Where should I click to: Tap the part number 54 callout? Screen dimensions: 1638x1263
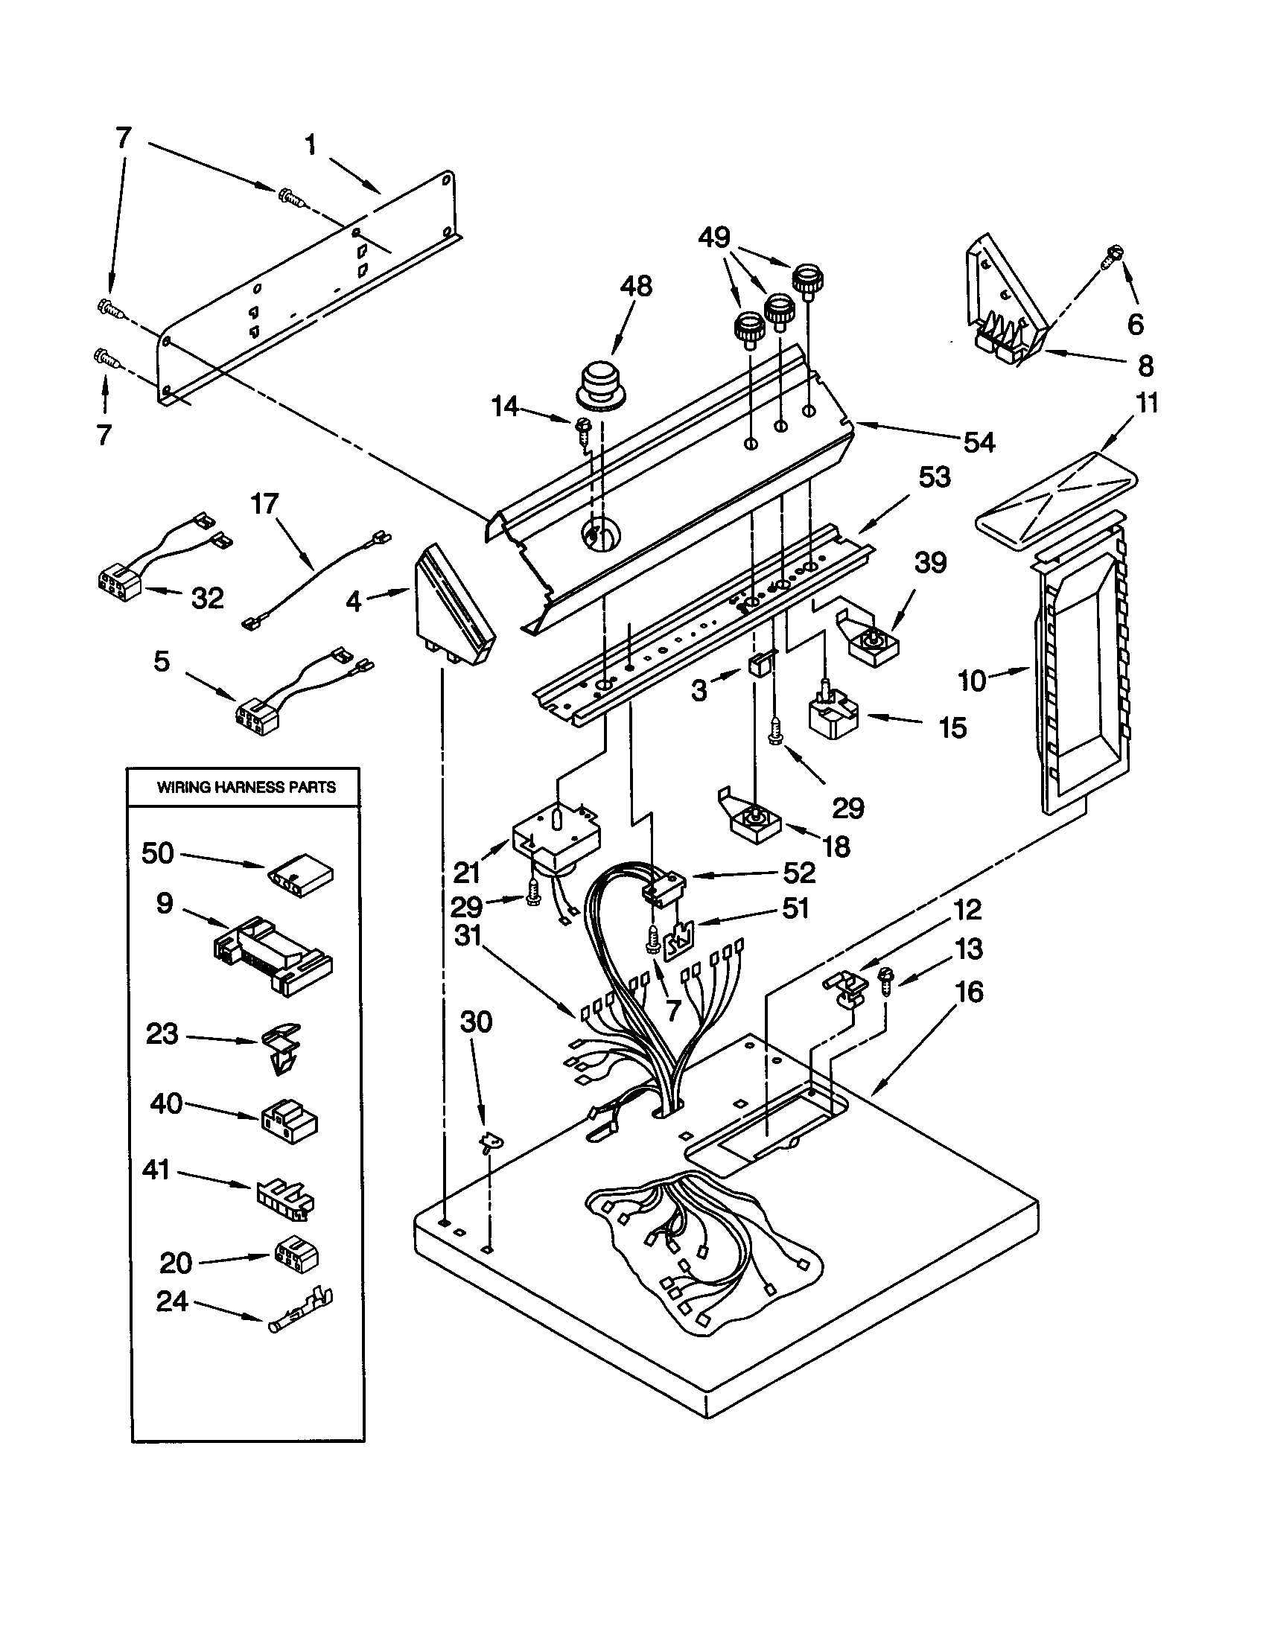(x=979, y=442)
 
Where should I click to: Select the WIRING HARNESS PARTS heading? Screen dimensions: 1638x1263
(x=246, y=787)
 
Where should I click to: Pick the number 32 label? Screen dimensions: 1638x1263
(x=208, y=598)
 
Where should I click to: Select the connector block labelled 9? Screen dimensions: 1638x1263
(x=274, y=956)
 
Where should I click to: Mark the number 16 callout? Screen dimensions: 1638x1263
(x=970, y=992)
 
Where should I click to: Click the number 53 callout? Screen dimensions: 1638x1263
(x=935, y=477)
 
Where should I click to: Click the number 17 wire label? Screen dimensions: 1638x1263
(x=264, y=504)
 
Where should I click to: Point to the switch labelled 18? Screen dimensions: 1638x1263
(x=754, y=821)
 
